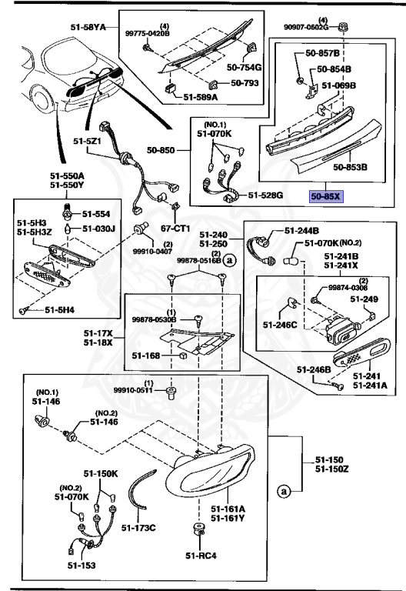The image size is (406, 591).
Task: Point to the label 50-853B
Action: click(x=351, y=165)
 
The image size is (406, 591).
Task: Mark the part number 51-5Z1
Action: click(x=88, y=141)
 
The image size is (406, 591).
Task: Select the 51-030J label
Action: click(x=99, y=229)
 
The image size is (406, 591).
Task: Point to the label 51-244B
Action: click(x=301, y=229)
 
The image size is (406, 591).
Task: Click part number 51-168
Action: click(x=146, y=356)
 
